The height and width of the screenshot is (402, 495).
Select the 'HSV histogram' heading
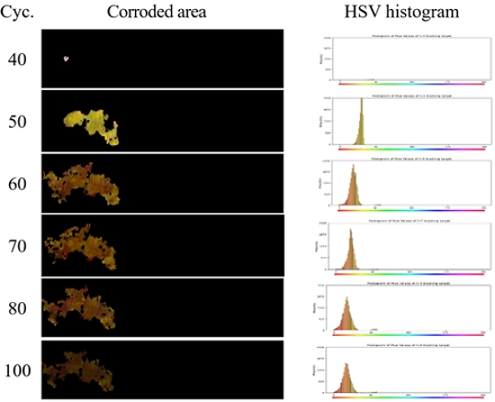click(397, 12)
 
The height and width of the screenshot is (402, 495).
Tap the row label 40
click(18, 60)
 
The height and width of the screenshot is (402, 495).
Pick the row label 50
click(18, 121)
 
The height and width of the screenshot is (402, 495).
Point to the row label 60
click(18, 183)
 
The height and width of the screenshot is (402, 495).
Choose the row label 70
click(18, 246)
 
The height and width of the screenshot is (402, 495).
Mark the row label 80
click(18, 308)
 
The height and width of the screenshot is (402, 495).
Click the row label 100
click(18, 371)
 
